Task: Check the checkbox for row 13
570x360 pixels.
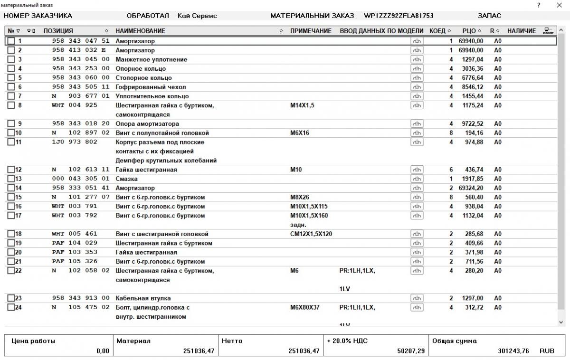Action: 11,179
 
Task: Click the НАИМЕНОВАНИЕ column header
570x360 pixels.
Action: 140,31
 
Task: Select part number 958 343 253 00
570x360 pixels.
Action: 80,69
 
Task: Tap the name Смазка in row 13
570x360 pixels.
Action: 127,179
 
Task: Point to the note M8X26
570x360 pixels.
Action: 300,197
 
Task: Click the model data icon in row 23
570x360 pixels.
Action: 417,298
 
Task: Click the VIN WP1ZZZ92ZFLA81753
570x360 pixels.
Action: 399,16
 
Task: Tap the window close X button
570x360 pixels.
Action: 559,5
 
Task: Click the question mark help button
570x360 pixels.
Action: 539,5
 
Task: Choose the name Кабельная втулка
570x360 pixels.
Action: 142,298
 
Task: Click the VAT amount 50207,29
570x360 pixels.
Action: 411,351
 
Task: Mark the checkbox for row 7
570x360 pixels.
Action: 11,96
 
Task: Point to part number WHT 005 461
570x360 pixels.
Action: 74,234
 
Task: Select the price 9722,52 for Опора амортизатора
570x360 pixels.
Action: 472,124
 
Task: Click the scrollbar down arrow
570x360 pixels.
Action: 561,322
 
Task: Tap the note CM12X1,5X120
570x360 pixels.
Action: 311,234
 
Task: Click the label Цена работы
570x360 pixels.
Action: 33,341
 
